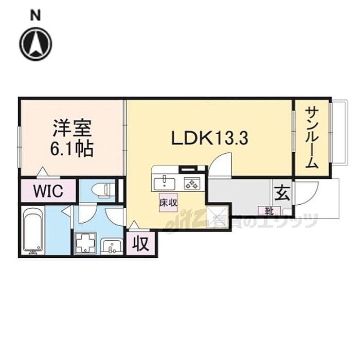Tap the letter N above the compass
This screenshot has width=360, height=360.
(x=35, y=15)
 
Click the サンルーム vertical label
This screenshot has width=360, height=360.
(x=312, y=137)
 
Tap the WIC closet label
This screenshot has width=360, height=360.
(x=48, y=192)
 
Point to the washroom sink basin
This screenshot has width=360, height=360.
(x=111, y=246)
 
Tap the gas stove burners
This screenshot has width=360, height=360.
(x=192, y=182)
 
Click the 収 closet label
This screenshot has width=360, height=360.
(x=141, y=243)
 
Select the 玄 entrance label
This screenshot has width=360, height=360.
(x=282, y=194)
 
